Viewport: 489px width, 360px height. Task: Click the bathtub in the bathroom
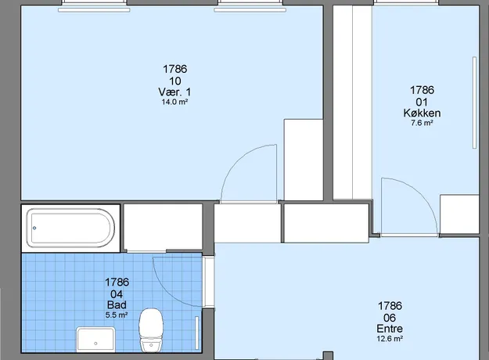(70, 228)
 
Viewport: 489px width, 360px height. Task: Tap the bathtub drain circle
(34, 228)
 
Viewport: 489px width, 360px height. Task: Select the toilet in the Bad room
(151, 329)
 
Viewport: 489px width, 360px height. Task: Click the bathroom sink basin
(95, 339)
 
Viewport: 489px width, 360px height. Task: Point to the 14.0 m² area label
(174, 102)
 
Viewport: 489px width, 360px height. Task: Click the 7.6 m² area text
(422, 123)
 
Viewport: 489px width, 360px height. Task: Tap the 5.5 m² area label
(117, 315)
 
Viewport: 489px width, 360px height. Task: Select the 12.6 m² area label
(390, 338)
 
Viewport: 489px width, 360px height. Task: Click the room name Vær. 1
(174, 92)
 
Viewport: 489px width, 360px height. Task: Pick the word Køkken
(422, 113)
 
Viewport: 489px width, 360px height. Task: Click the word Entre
(390, 329)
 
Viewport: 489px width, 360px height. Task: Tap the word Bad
(117, 304)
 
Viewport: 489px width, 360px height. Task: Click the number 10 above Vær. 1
(175, 81)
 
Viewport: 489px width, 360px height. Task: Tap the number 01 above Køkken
(422, 102)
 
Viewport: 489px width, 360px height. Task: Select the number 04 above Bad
(117, 294)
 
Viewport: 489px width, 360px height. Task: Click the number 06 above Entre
(390, 318)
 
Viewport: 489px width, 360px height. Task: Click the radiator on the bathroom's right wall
(197, 333)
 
